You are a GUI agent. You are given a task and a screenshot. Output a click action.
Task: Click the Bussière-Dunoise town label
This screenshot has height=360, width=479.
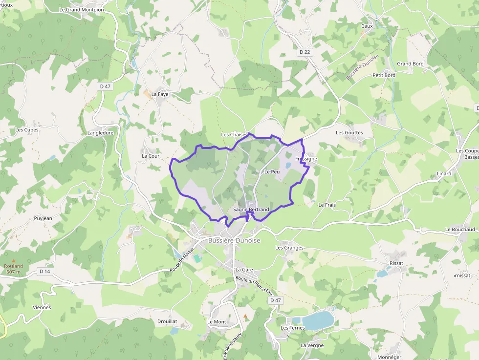point(234,241)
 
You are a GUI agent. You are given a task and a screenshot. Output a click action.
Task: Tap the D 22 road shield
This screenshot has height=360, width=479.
point(305,52)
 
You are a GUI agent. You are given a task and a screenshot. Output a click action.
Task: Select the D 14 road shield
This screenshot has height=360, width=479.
point(45,271)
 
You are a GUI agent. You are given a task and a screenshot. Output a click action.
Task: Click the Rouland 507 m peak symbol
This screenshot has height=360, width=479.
point(14,261)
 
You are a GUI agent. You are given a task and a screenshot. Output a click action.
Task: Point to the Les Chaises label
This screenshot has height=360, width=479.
point(235,134)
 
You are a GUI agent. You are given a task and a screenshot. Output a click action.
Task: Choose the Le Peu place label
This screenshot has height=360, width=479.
point(272,172)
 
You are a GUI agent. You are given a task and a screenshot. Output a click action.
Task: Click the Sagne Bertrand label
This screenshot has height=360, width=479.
point(251,210)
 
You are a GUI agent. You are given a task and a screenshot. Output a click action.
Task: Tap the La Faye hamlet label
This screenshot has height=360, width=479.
point(160,94)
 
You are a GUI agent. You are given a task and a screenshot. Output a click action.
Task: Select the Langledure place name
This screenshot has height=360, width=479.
point(100,132)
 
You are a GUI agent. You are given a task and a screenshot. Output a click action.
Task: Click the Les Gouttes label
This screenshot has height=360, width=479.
point(349,132)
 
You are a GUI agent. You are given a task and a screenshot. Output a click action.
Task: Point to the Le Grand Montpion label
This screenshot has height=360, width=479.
point(81,9)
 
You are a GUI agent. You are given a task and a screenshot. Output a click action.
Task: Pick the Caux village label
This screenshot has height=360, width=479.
point(367,26)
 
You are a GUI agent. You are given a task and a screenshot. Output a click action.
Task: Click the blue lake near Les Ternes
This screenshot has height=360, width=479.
point(319,320)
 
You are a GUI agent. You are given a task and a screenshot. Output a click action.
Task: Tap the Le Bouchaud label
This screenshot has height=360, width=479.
point(460,229)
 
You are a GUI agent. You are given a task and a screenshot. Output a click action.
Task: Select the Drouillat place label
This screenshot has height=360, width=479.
point(167,321)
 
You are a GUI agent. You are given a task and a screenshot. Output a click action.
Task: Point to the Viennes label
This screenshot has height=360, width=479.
point(42,307)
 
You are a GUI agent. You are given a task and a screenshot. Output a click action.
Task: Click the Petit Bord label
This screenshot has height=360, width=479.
point(384,75)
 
